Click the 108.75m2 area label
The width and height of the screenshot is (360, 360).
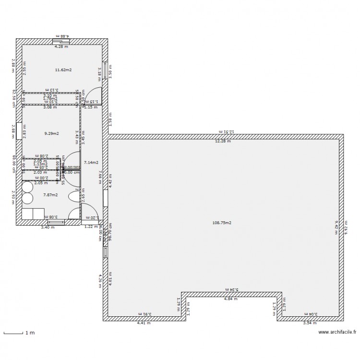pos(222,223)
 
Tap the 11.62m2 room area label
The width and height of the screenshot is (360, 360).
pos(63,70)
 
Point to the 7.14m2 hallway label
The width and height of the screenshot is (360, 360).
pos(91,163)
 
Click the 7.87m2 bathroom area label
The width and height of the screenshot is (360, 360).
pos(50,195)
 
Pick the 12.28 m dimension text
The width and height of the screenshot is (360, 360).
pos(222,141)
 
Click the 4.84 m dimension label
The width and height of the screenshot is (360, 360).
pos(231,299)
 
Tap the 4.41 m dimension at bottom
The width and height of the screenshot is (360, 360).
pos(144,323)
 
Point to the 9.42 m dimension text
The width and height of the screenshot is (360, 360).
pos(336,227)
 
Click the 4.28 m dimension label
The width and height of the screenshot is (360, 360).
pos(61,47)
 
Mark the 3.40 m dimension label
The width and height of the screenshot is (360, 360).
pos(48,227)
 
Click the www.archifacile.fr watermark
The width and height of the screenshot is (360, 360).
pos(337,332)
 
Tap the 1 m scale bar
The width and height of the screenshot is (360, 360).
pos(13,333)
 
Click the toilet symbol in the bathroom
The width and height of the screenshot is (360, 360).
pos(73,196)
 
